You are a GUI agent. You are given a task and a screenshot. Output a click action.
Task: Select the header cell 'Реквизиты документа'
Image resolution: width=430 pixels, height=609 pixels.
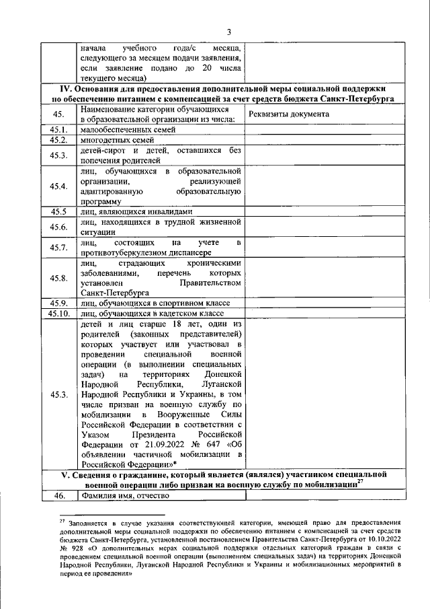point(288,114)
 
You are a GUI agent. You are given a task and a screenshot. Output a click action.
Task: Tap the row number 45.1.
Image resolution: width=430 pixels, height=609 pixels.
point(57,129)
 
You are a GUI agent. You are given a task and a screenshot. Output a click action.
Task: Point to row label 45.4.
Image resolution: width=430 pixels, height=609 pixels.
point(57,186)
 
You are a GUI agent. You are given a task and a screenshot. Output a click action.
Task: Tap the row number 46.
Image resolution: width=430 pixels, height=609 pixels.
point(57,497)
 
